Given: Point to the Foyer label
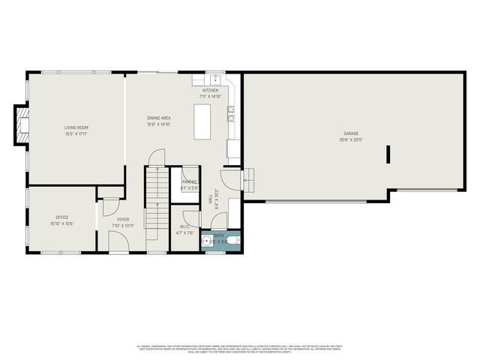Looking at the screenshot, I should point(123,219).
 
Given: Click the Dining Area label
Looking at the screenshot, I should point(158,118).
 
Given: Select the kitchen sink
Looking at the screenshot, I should point(214,78).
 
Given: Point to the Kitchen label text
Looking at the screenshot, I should point(210,91).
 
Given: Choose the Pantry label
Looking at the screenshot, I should point(189,181).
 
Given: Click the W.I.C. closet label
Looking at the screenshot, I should point(184,226).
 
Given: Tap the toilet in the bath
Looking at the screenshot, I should point(232,241).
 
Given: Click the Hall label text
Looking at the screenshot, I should point(209,199).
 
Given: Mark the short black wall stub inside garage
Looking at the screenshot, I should point(388,154).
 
